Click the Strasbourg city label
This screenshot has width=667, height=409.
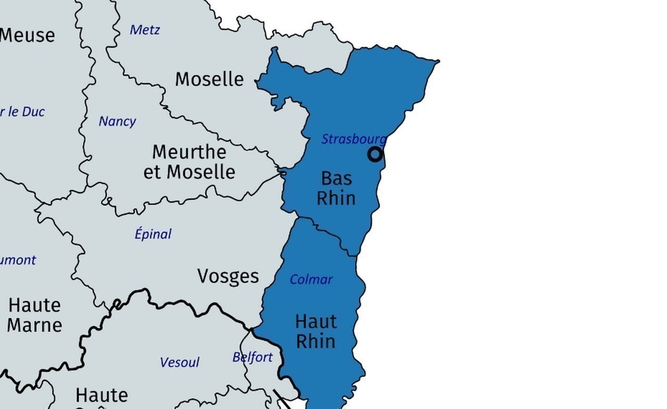tap(354, 139)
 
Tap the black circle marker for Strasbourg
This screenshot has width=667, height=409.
tap(375, 155)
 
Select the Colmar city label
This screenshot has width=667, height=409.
tap(311, 279)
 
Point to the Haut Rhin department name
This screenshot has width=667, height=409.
tap(316, 331)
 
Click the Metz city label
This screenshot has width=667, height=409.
tap(145, 30)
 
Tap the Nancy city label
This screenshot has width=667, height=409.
tap(117, 121)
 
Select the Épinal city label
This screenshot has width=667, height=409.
tap(153, 234)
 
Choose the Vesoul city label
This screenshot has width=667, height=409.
tap(179, 362)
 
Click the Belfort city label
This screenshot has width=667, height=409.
tap(252, 357)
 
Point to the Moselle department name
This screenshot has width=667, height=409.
tap(209, 79)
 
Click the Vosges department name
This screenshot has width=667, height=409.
tap(228, 276)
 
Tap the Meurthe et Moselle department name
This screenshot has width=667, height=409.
tap(189, 162)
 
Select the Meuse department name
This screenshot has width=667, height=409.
tap(27, 35)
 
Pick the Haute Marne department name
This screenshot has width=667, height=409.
tap(35, 315)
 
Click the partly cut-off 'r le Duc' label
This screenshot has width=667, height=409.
tap(22, 112)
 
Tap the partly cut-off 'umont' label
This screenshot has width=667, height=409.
tap(18, 260)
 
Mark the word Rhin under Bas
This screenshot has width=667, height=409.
tap(337, 198)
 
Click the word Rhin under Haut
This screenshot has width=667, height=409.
tap(316, 341)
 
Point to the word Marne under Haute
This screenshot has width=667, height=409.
tap(35, 325)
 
